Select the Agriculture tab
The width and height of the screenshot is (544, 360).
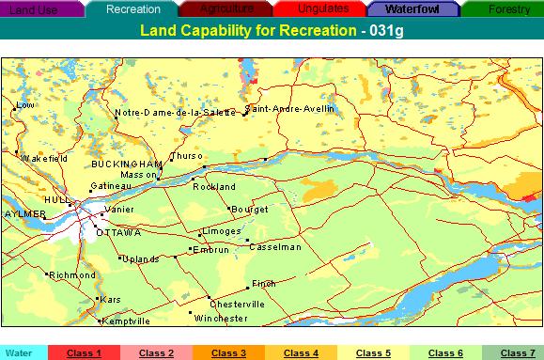pos(226,8)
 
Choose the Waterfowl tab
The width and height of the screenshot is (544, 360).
pos(413,8)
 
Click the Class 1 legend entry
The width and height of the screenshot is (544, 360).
pos(83,352)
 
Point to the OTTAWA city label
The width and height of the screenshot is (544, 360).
pos(118,231)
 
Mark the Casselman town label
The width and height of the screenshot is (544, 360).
pos(275,247)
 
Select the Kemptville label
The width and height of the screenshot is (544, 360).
pos(126,321)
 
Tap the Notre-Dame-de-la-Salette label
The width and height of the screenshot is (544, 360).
pos(175,113)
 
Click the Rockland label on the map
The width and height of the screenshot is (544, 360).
pos(214,187)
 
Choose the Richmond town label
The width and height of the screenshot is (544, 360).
pos(72,275)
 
